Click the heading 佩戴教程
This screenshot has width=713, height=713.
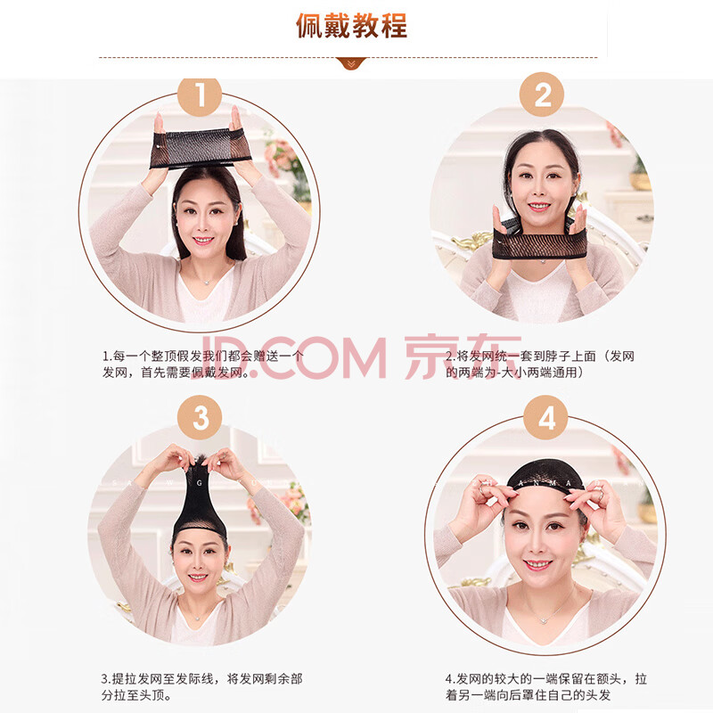point(351,26)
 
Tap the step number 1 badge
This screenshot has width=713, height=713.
point(200,96)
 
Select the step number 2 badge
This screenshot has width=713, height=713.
point(542,94)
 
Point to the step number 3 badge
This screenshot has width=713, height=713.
point(200,417)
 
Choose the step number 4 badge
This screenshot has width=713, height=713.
point(545,417)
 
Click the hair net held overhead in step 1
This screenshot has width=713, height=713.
point(200,148)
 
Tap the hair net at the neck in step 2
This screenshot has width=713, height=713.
point(539,241)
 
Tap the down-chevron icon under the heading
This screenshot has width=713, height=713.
point(351,64)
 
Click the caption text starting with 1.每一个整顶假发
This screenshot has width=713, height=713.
point(202,365)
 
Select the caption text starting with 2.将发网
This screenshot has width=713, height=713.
point(540,365)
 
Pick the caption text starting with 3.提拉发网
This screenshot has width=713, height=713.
point(201,686)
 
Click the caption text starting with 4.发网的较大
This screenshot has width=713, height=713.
point(545,686)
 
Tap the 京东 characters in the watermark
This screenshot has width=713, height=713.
point(463,357)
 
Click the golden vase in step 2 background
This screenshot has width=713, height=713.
point(640,181)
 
